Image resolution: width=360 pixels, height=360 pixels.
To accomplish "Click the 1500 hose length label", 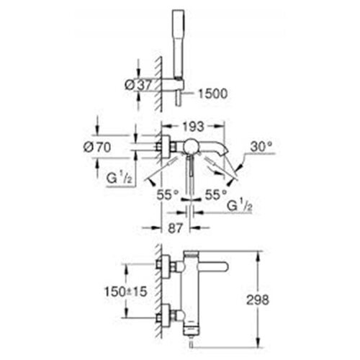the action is pyautogui.click(x=212, y=94).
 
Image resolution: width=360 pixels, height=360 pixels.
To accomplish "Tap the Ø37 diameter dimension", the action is pyautogui.click(x=138, y=85).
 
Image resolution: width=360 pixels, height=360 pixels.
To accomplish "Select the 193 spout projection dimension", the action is pyautogui.click(x=193, y=127).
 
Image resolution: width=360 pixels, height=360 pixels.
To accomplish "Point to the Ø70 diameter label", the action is pyautogui.click(x=97, y=147).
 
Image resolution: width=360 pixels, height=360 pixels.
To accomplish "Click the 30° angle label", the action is pyautogui.click(x=261, y=146).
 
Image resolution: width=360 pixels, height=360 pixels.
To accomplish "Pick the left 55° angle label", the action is pyautogui.click(x=168, y=194).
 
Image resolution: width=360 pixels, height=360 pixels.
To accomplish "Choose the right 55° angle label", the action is pyautogui.click(x=216, y=194).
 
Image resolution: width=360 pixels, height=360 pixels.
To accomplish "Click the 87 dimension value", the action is pyautogui.click(x=176, y=228).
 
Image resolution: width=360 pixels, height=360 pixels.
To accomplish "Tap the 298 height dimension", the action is pyautogui.click(x=258, y=300).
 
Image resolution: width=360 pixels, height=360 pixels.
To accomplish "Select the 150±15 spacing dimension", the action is pyautogui.click(x=125, y=292).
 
